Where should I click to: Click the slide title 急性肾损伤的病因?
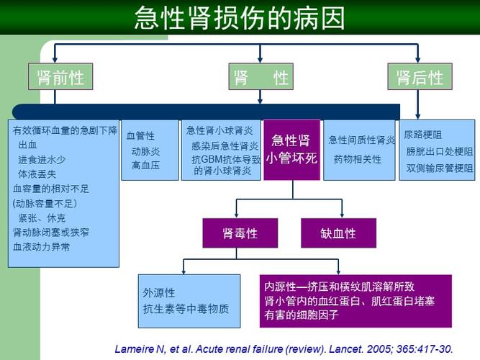[x=240, y=18]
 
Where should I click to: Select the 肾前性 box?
[x=61, y=77]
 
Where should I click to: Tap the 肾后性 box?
[x=420, y=77]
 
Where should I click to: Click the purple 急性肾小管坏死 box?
[x=291, y=149]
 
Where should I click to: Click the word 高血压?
[x=145, y=165]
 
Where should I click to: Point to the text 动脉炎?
[x=145, y=151]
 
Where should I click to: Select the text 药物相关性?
[x=357, y=158]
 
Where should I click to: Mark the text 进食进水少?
[x=42, y=159]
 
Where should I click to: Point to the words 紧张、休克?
[x=42, y=217]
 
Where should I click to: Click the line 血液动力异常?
[x=42, y=246]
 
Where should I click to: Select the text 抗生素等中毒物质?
[x=186, y=308]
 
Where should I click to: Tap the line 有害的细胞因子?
[x=302, y=315]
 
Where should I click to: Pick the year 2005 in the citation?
[x=377, y=348]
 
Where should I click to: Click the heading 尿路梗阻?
[x=422, y=135]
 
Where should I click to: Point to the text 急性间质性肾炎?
[x=362, y=140]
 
